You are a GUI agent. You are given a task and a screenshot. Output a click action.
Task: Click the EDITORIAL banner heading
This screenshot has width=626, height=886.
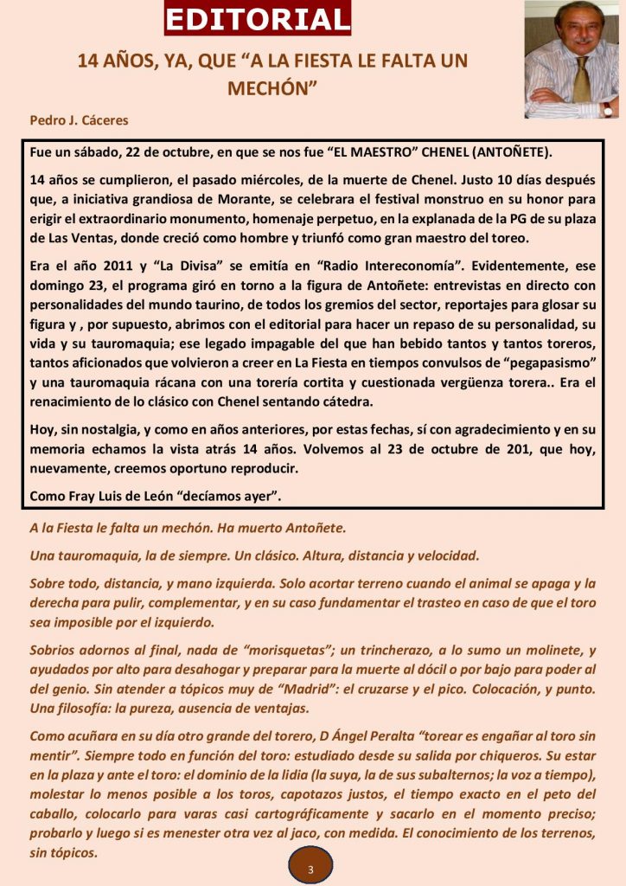tap(258, 18)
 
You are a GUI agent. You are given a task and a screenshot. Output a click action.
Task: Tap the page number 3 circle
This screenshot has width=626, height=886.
tap(310, 867)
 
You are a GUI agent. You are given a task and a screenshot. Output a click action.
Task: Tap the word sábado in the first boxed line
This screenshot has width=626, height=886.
tap(91, 151)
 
